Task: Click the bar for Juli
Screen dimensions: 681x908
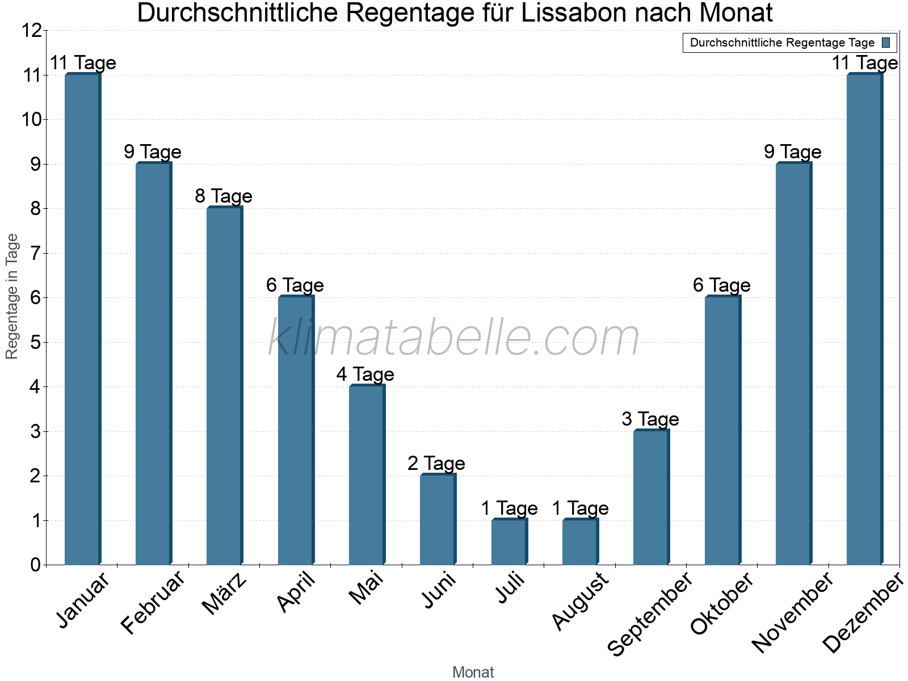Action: [509, 542]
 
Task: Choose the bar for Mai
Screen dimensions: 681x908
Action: [367, 475]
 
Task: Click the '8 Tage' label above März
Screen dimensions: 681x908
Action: [224, 196]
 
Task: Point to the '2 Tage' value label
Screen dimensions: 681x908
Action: [436, 464]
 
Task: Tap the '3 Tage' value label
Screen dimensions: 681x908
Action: [650, 419]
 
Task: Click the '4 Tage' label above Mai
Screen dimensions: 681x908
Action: [365, 375]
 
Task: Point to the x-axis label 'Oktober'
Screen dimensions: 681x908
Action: [722, 603]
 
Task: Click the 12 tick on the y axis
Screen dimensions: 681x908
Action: [32, 31]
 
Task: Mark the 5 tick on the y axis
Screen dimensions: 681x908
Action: [35, 342]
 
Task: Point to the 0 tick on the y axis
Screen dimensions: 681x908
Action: [35, 565]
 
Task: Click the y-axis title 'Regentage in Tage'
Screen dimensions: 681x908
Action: [12, 296]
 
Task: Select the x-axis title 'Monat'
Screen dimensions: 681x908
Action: [473, 672]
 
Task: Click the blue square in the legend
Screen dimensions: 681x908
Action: [886, 43]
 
